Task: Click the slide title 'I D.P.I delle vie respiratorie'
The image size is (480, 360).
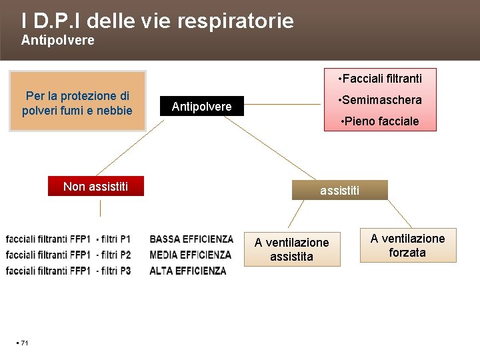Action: (157, 21)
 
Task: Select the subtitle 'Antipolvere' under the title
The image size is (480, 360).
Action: (58, 41)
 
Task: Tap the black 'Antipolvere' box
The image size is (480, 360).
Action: (202, 106)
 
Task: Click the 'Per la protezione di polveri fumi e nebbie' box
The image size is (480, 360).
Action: (77, 103)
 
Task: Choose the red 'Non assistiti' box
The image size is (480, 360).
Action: (96, 186)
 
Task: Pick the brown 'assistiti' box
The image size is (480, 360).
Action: (339, 191)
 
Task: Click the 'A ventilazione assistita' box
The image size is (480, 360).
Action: (291, 249)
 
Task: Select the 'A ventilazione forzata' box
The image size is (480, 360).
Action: (407, 245)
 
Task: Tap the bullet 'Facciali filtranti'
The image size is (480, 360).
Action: (381, 79)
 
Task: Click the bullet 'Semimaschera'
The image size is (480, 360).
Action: (381, 100)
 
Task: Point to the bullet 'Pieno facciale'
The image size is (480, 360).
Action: (379, 121)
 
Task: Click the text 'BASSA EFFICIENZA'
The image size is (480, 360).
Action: (191, 239)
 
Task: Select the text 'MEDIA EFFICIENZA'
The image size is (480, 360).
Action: (191, 255)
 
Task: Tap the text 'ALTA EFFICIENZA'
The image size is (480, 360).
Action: (188, 271)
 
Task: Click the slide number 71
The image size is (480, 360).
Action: (24, 343)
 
